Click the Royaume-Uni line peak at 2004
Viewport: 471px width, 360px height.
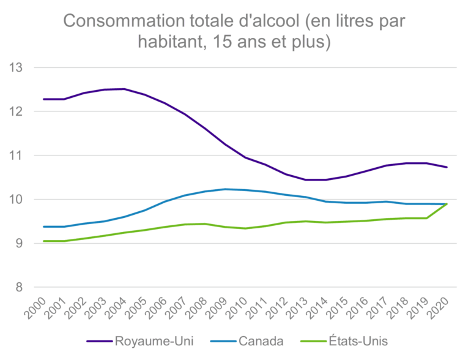[x=125, y=89]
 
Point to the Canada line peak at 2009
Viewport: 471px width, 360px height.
[x=226, y=189]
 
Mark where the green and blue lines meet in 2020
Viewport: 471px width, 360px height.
[x=447, y=204]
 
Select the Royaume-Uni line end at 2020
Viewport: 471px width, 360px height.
[x=447, y=167]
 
